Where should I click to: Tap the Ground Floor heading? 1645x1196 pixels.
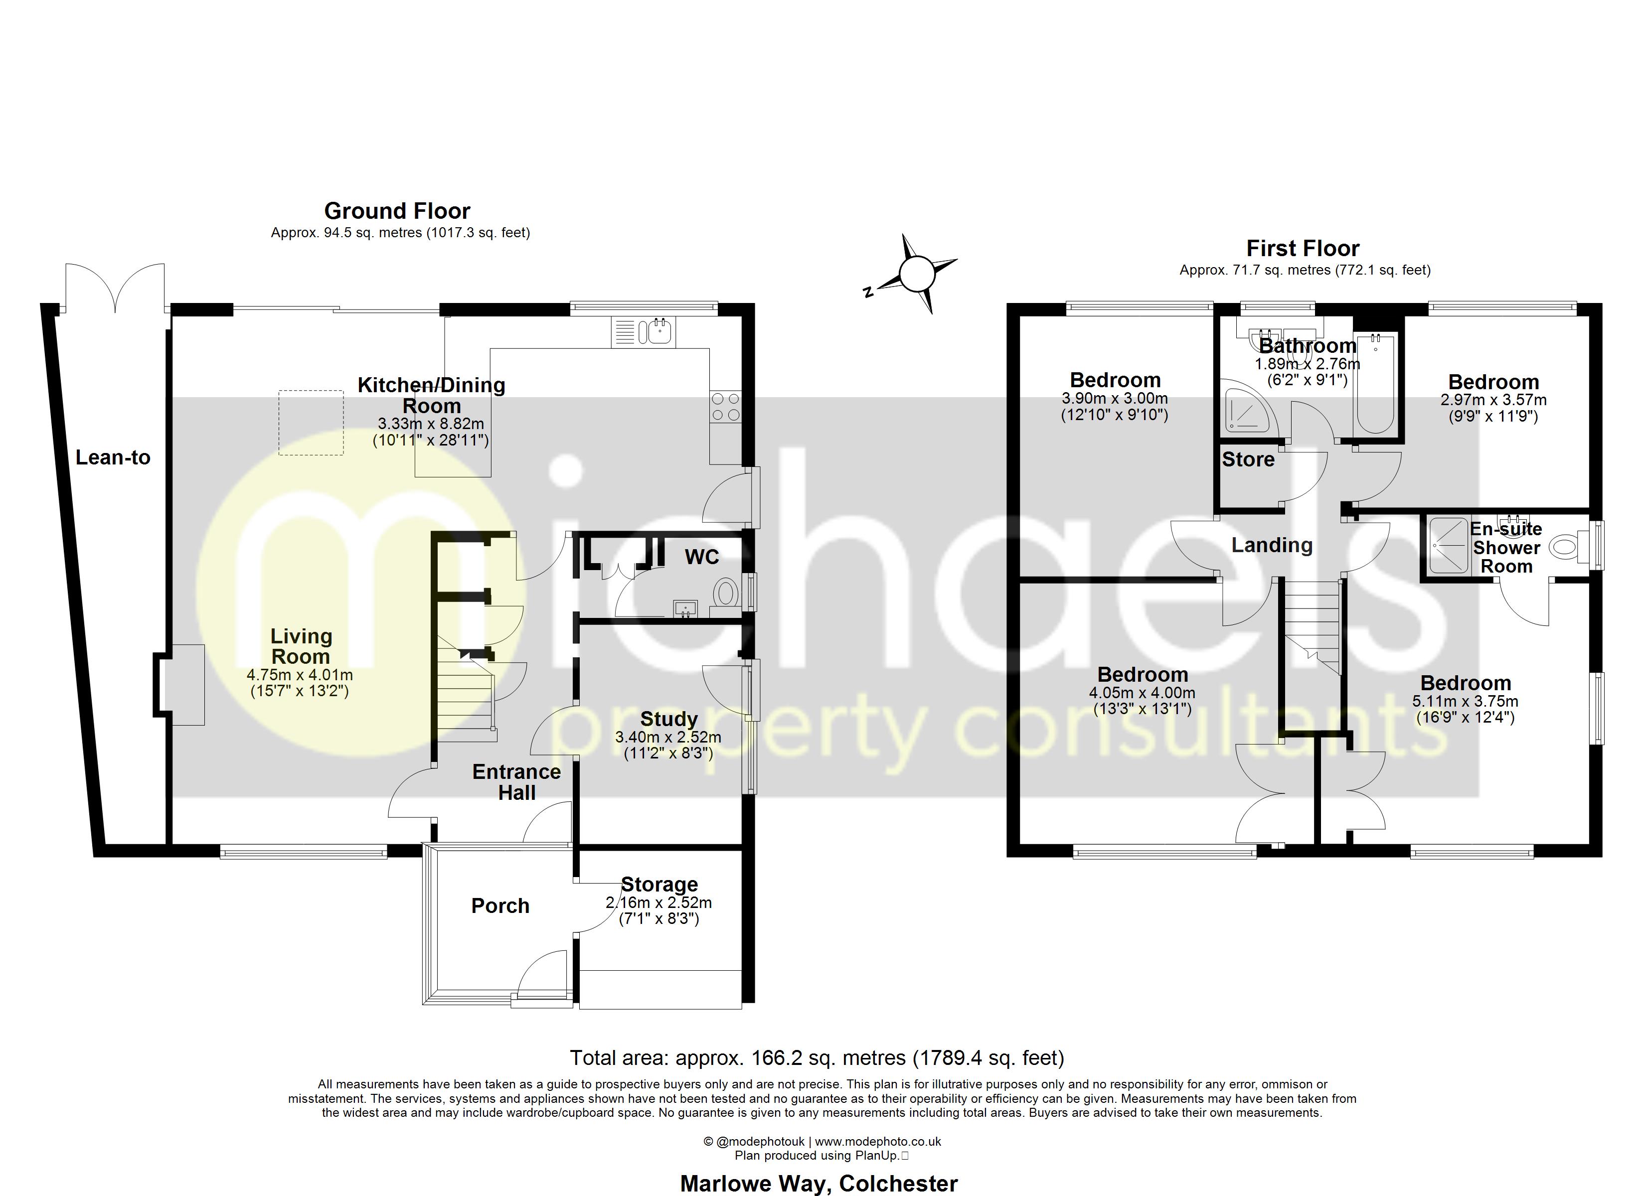[397, 211]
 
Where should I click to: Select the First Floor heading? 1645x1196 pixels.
[1302, 249]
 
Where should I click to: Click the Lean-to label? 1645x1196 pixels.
[113, 457]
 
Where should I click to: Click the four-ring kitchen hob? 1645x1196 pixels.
[725, 407]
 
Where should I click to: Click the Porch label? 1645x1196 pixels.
[500, 906]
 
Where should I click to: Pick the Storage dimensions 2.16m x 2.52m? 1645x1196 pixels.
[658, 903]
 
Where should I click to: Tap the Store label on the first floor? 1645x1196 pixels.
[1248, 459]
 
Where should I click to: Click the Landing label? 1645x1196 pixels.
[1272, 545]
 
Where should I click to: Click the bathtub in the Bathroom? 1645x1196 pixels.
[1374, 384]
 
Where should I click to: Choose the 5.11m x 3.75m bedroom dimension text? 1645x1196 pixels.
[1465, 701]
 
